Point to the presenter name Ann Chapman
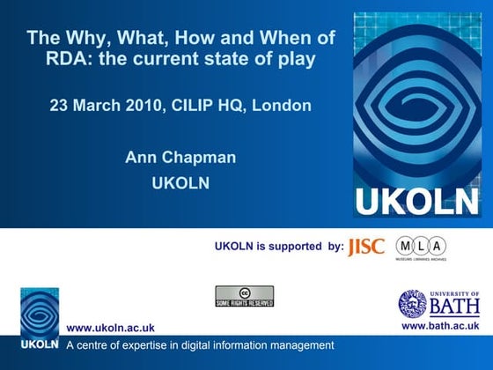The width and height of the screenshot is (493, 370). pyautogui.click(x=180, y=159)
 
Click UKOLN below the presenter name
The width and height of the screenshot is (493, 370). pyautogui.click(x=180, y=184)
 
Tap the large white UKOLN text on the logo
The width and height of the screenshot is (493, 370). pyautogui.click(x=416, y=202)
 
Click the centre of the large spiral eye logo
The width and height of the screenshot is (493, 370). pyautogui.click(x=416, y=101)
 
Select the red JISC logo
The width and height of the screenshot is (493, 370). pyautogui.click(x=366, y=247)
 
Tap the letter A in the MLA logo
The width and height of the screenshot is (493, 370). pyautogui.click(x=437, y=246)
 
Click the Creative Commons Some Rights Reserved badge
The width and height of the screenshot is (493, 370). pyautogui.click(x=244, y=297)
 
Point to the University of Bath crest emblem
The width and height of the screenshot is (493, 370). pyautogui.click(x=412, y=304)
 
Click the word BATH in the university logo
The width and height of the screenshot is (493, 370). pyautogui.click(x=454, y=307)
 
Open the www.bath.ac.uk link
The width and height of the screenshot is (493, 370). pyautogui.click(x=439, y=327)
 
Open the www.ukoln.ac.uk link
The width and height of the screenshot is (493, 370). pyautogui.click(x=111, y=328)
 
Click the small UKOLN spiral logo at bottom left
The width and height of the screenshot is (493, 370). pyautogui.click(x=40, y=313)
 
